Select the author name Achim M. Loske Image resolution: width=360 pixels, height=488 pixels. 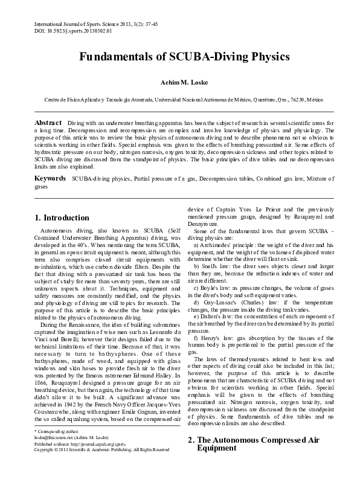(179, 82)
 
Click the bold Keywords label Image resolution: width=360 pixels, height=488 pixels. (50, 179)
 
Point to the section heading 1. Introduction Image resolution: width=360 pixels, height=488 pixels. (63, 217)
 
